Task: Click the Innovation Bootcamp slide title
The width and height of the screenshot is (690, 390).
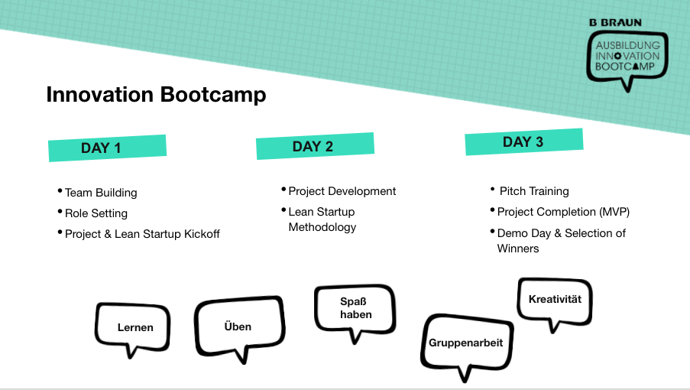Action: click(156, 94)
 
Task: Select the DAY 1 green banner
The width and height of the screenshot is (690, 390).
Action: click(107, 148)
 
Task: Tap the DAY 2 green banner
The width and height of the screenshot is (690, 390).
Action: click(314, 146)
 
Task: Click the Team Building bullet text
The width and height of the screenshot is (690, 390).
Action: click(101, 193)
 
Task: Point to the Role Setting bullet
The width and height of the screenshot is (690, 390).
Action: click(96, 213)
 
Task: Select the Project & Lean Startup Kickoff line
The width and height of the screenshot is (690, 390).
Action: click(142, 234)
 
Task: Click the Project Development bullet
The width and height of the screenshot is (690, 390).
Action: click(342, 191)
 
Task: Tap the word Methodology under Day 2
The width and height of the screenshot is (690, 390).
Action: click(322, 227)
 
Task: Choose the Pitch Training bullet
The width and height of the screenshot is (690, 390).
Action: click(534, 191)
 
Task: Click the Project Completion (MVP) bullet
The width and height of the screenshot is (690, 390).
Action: click(563, 212)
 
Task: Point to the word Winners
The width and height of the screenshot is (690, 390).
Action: click(518, 249)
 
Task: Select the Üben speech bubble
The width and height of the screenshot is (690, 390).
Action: click(238, 327)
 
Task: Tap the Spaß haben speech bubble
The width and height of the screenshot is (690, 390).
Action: click(356, 308)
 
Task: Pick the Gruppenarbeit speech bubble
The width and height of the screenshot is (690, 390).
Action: click(465, 343)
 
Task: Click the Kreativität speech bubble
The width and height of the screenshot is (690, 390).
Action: click(555, 299)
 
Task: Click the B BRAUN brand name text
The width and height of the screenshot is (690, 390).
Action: click(616, 23)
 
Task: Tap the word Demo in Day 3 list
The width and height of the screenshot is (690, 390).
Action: click(513, 232)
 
